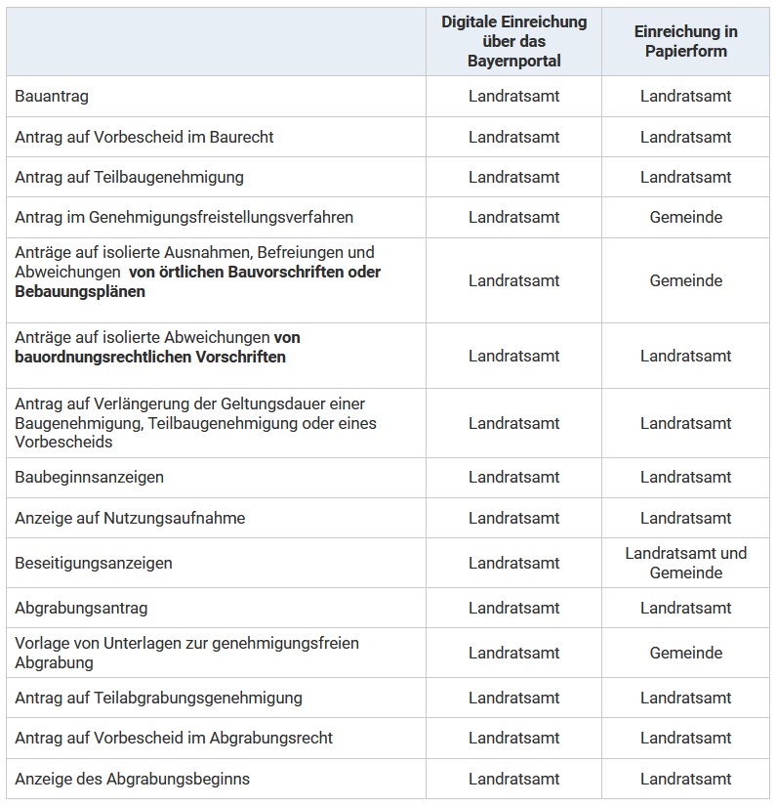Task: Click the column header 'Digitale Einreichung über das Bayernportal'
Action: (x=513, y=41)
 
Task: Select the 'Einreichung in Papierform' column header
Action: (x=685, y=41)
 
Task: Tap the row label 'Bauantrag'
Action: (x=53, y=96)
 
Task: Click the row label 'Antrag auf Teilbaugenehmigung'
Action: (x=129, y=177)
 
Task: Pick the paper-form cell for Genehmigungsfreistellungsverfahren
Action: (x=685, y=217)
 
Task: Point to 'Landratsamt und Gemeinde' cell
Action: (x=685, y=563)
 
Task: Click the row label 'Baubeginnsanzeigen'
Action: (x=89, y=477)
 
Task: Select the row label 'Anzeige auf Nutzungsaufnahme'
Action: (x=130, y=518)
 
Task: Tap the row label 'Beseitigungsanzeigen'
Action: (x=94, y=563)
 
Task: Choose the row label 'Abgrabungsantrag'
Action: (x=81, y=608)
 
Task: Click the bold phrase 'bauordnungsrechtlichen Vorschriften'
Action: (x=150, y=357)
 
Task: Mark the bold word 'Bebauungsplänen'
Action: (x=80, y=291)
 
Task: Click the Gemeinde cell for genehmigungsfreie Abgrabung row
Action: (x=685, y=653)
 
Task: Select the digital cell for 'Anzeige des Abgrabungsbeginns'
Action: (x=513, y=779)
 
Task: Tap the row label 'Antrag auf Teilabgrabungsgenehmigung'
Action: (x=158, y=698)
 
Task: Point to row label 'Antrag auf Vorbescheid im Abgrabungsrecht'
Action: (x=174, y=738)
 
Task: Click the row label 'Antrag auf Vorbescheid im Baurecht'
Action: (x=143, y=137)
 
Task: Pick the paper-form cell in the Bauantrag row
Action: (x=685, y=96)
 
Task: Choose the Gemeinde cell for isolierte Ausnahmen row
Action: (x=685, y=280)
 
